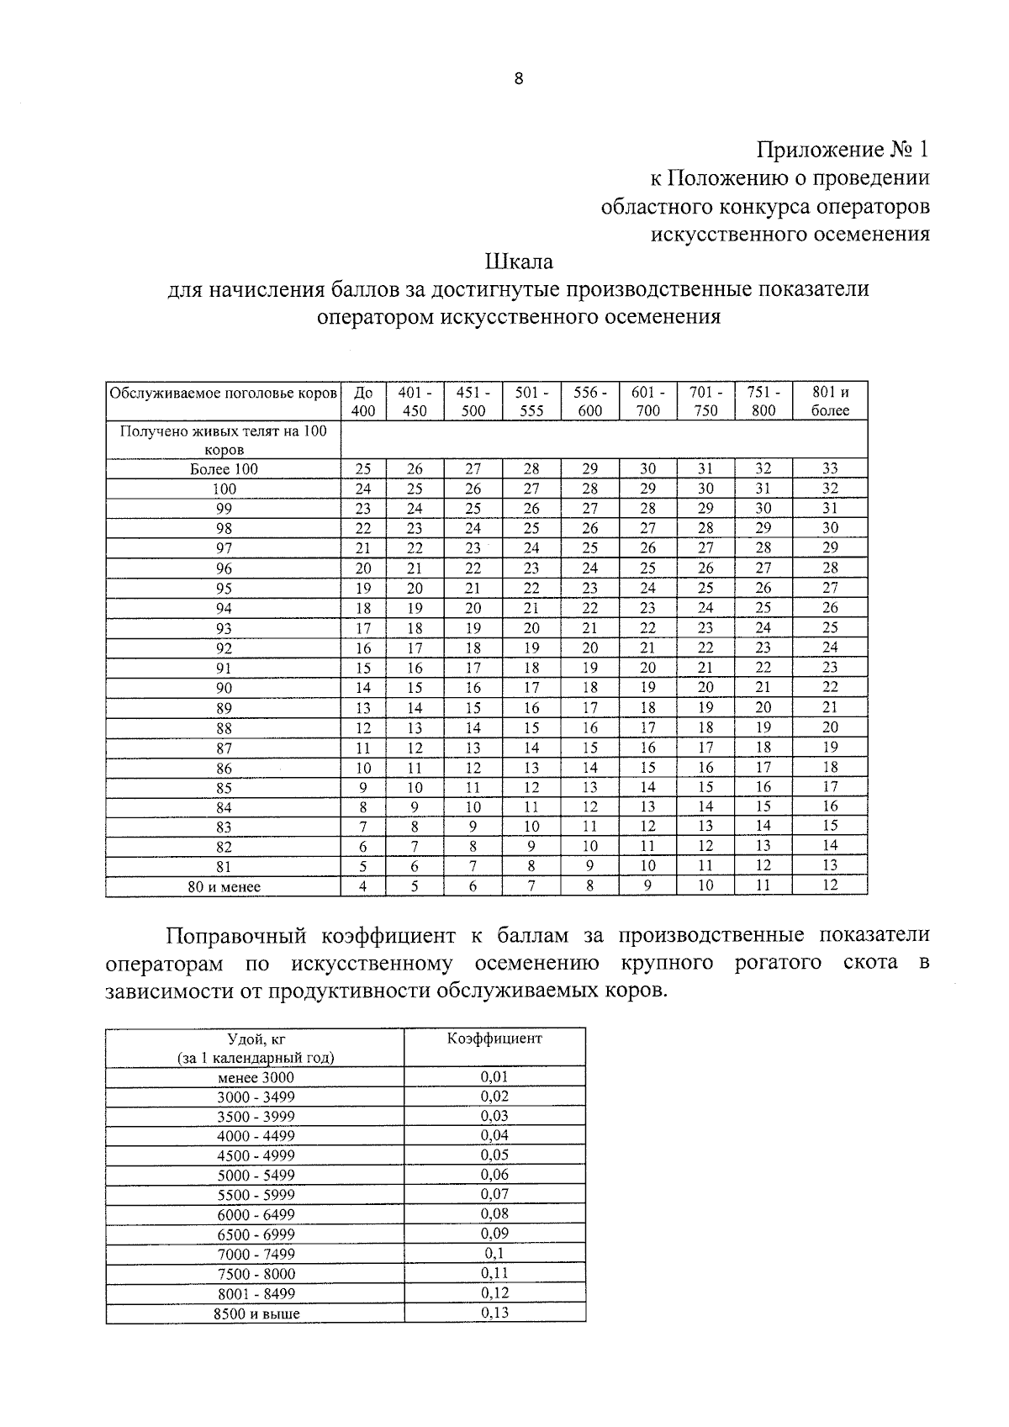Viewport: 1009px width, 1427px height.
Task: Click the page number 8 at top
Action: (x=518, y=79)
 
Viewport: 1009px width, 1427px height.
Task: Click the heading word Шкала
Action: (x=519, y=262)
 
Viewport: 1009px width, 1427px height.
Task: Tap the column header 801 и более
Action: (x=830, y=401)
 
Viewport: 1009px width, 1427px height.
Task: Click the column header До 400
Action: (x=363, y=401)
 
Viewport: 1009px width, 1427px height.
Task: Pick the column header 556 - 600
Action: (x=589, y=401)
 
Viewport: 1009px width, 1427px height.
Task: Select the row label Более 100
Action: (x=224, y=469)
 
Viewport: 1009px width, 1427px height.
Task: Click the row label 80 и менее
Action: (x=224, y=886)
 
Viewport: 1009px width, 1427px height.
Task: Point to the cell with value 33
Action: (x=830, y=468)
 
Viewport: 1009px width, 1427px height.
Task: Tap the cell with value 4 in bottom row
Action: (x=363, y=885)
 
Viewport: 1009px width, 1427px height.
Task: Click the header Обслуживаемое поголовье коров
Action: (x=224, y=393)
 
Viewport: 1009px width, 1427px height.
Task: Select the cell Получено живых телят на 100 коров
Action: (x=224, y=440)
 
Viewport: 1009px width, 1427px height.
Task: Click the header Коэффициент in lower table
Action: (x=494, y=1038)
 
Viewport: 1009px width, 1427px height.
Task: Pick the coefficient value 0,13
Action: (x=494, y=1313)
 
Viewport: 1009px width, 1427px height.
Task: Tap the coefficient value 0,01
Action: (x=494, y=1076)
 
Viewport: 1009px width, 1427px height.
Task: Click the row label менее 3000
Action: (x=256, y=1077)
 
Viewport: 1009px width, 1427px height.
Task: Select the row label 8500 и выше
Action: (x=256, y=1313)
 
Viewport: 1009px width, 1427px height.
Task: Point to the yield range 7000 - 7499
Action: (x=256, y=1254)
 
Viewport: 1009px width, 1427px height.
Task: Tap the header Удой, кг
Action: (x=256, y=1039)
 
